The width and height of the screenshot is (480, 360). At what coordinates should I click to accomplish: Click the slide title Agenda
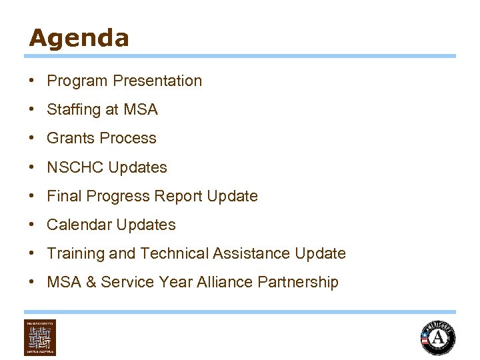pos(79,38)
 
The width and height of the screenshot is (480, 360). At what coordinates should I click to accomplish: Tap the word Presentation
pos(157,81)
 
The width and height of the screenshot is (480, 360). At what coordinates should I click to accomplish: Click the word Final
pos(62,196)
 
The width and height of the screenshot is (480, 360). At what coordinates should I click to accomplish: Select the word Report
pos(181,196)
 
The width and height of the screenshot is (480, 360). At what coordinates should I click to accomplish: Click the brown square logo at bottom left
pos(40,337)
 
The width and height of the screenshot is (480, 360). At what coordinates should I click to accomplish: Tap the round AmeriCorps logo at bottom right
pos(438,337)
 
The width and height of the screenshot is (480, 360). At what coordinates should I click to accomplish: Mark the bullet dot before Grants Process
pos(32,139)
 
